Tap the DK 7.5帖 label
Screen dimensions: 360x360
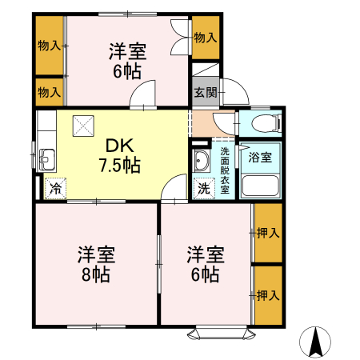pyautogui.click(x=120, y=156)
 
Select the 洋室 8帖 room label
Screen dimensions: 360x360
pyautogui.click(x=96, y=265)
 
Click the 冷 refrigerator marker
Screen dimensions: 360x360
pyautogui.click(x=55, y=190)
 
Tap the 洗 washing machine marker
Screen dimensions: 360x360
pyautogui.click(x=204, y=190)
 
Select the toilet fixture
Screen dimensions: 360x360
pyautogui.click(x=264, y=123)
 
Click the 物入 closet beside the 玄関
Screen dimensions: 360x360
pyautogui.click(x=205, y=38)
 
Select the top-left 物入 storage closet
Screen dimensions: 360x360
pyautogui.click(x=50, y=46)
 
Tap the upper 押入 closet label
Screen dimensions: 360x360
pyautogui.click(x=268, y=234)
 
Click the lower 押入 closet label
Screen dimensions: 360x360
pyautogui.click(x=268, y=295)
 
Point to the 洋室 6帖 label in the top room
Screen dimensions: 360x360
pyautogui.click(x=127, y=61)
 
